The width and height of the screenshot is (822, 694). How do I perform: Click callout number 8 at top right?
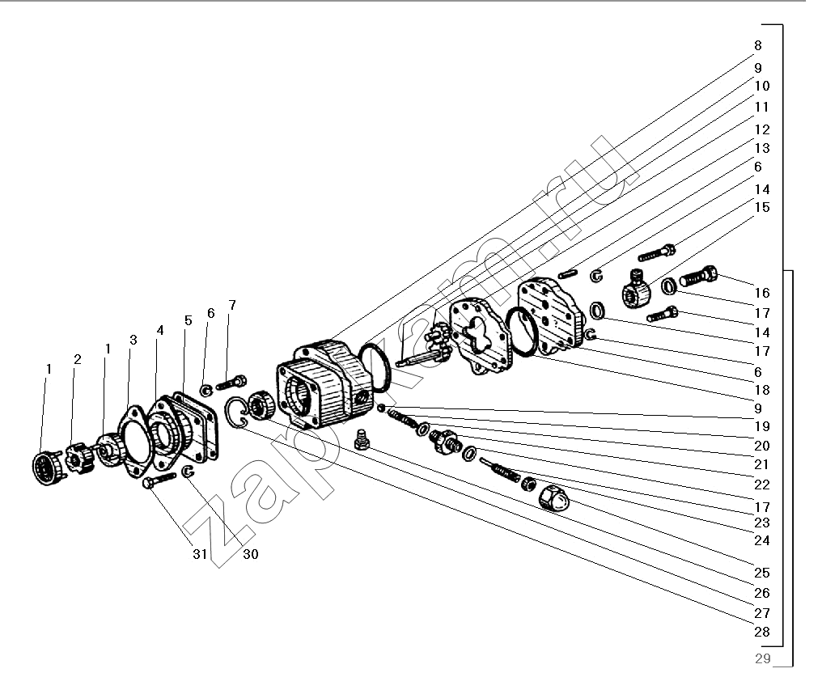point(757,45)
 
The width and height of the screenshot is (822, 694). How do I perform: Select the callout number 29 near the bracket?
point(761,658)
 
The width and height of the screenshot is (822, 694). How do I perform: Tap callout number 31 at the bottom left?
point(199,555)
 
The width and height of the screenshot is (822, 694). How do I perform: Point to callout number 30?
point(250,555)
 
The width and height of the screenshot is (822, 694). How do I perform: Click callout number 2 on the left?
point(78,359)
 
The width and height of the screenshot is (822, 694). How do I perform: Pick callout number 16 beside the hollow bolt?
point(762,293)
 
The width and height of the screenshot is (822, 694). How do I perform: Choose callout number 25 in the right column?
point(762,573)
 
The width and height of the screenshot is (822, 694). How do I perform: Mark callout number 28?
point(762,632)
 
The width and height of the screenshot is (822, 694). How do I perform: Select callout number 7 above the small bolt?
point(232,305)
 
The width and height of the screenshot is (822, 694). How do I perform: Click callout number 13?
point(762,148)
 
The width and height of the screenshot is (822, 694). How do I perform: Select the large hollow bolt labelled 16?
point(698,278)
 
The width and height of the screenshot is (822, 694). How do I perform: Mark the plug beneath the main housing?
point(362,440)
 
